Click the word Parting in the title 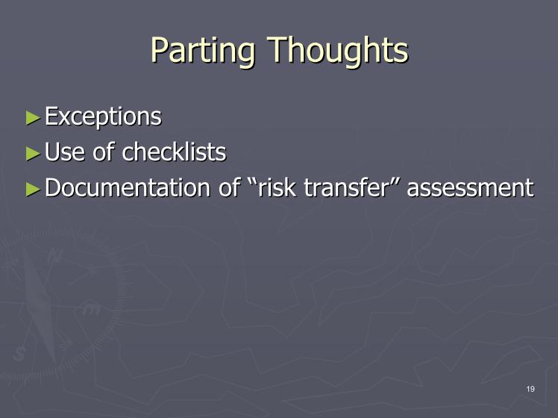(203, 51)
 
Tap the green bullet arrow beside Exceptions (33, 118)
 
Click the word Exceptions (103, 116)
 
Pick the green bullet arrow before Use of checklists (33, 154)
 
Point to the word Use (65, 152)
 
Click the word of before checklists (104, 152)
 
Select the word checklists (174, 152)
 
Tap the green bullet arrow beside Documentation (33, 190)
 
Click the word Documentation (128, 187)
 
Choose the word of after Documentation (229, 187)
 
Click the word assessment (471, 188)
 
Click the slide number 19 (530, 389)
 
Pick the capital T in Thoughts (278, 49)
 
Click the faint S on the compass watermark (19, 354)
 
